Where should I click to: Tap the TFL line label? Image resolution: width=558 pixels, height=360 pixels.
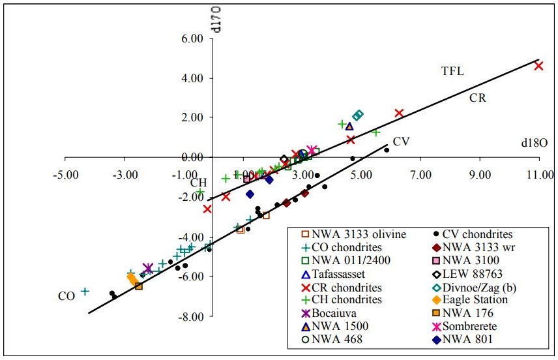452,71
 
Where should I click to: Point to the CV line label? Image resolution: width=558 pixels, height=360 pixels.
401,141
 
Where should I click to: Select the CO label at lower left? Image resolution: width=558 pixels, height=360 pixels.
66,296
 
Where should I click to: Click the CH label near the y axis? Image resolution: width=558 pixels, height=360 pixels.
198,183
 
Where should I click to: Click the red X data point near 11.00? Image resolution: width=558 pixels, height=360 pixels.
538,65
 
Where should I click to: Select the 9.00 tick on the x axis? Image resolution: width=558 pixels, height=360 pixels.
480,175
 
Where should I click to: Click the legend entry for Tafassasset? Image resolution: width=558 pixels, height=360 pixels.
343,274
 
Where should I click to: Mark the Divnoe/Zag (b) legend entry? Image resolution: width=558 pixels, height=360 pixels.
479,287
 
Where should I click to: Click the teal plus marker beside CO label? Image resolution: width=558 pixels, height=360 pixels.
85,292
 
